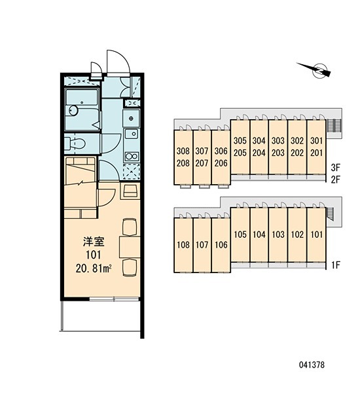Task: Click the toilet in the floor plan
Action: tap(75, 143)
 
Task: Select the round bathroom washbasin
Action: tap(73, 111)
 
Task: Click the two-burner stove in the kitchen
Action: tap(132, 157)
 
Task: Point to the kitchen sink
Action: tap(132, 134)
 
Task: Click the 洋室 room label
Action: tap(94, 242)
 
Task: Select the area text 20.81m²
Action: tap(94, 269)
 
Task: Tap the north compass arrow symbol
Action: tap(314, 69)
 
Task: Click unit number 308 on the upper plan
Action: tap(183, 151)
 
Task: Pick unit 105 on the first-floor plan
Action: tap(240, 234)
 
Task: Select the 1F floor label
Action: tap(336, 265)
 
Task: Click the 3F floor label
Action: tap(336, 167)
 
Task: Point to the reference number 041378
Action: tap(312, 365)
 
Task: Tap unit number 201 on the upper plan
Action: tap(316, 153)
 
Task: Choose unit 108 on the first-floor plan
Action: tap(183, 245)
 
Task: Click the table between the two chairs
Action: tap(130, 247)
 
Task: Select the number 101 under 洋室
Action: tap(94, 255)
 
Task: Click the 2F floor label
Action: tap(336, 179)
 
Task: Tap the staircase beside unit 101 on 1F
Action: tap(331, 214)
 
